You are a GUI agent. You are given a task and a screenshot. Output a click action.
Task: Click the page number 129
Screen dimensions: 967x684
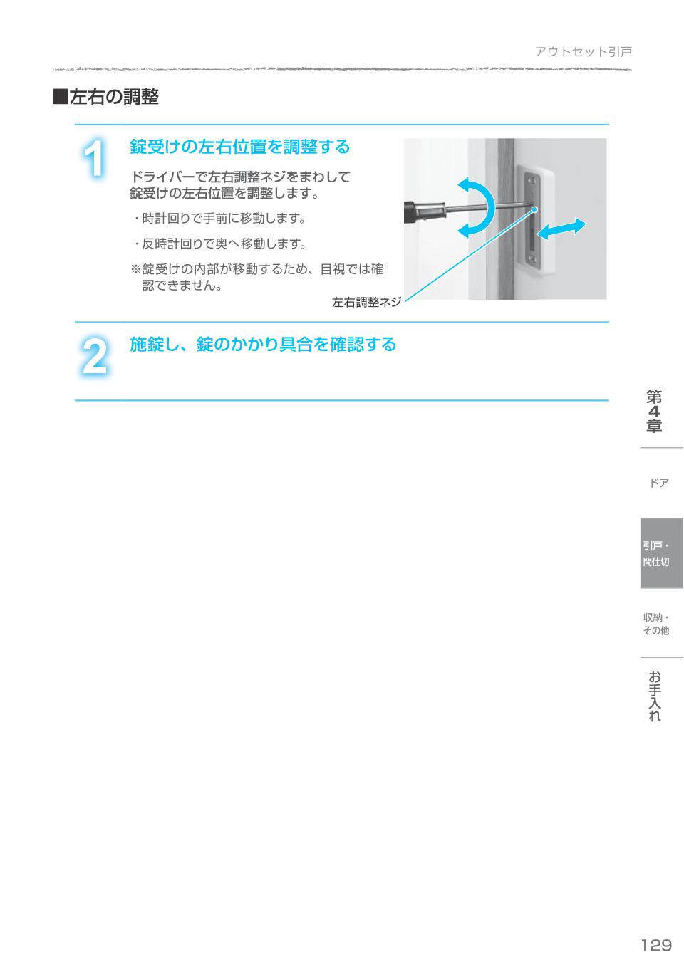[x=656, y=945]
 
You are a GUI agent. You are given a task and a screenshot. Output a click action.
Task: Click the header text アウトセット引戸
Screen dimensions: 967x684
[x=583, y=52]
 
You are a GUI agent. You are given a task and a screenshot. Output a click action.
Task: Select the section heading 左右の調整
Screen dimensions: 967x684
[x=114, y=97]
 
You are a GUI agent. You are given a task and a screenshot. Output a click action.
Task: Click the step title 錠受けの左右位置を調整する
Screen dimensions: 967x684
[x=239, y=147]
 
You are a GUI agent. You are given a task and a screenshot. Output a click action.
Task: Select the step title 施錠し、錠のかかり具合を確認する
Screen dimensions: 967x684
[x=262, y=345]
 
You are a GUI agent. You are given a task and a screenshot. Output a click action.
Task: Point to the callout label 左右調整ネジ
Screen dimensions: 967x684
[x=366, y=302]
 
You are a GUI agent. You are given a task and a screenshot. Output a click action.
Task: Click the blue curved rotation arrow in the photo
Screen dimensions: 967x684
[x=477, y=207]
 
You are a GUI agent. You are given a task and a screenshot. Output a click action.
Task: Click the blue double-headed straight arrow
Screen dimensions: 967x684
[x=561, y=229]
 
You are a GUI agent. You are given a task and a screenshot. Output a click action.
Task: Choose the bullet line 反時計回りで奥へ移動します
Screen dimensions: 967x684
[x=219, y=244]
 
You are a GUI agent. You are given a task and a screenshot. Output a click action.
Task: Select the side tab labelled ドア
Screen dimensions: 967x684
[x=659, y=483]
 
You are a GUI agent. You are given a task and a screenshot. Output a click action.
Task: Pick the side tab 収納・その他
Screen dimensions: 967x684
[x=656, y=624]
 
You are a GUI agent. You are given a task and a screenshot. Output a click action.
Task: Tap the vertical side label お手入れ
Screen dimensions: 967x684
[x=655, y=696]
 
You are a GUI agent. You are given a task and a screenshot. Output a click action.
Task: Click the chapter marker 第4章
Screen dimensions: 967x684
[x=654, y=412]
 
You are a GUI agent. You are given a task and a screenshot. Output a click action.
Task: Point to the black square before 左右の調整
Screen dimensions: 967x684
[x=60, y=98]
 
